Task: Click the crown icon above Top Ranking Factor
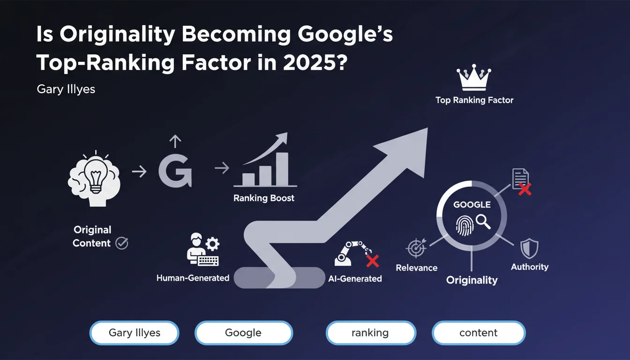pos(474,78)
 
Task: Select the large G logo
pos(175,171)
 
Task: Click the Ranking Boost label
pos(264,198)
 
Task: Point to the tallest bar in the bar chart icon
pos(282,169)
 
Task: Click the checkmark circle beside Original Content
pos(122,243)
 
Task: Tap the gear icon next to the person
pos(212,244)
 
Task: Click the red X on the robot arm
pos(373,261)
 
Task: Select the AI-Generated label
pos(355,279)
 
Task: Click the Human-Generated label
pos(193,278)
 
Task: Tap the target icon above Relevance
pos(416,248)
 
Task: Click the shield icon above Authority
pos(529,248)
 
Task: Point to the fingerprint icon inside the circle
pos(465,225)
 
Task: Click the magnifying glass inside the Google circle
pos(483,222)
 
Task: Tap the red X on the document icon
pos(525,189)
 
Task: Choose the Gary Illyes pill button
pos(135,333)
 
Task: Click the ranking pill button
pos(371,333)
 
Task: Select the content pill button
pos(479,333)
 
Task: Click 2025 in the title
pos(315,62)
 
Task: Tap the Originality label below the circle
pos(472,280)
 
